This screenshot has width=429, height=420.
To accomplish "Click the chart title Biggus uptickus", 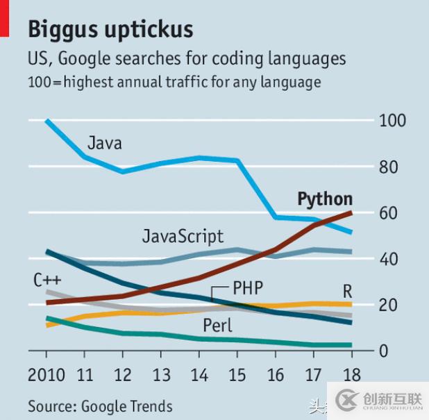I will (x=110, y=30).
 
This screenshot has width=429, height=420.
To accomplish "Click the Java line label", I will (x=105, y=144).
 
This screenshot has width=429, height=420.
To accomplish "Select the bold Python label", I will (x=325, y=199).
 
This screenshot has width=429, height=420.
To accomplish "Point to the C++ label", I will (x=48, y=280).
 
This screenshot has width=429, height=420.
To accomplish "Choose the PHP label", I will (x=248, y=287).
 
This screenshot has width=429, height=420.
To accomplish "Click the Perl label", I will (x=217, y=325).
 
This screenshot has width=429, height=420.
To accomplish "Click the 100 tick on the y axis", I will (x=393, y=120).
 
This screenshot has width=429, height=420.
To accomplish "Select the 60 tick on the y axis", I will (x=389, y=212).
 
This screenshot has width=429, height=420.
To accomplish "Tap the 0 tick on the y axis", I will (x=384, y=351).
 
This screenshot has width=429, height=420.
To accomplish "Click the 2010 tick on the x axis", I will (x=47, y=376).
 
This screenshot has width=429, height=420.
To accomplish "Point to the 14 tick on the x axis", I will (x=199, y=376).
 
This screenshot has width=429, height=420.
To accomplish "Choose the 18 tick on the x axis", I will (x=351, y=376).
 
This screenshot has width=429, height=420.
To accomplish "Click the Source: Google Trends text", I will (x=100, y=405).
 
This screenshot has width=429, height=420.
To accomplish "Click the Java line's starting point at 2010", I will (x=47, y=121).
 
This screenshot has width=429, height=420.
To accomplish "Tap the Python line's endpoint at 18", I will (x=351, y=212).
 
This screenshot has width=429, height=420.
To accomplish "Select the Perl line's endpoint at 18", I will (x=351, y=344).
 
